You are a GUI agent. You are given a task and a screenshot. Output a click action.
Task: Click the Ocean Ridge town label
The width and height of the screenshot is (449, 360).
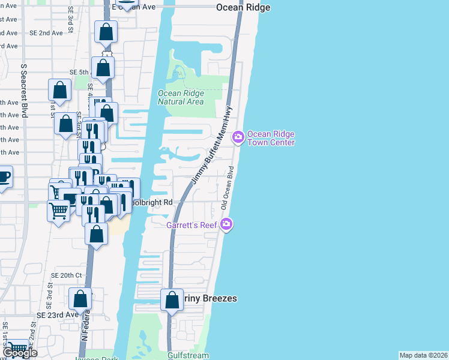click(x=243, y=7)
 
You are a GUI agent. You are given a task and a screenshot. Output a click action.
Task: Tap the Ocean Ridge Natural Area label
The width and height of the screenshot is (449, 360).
click(x=181, y=97)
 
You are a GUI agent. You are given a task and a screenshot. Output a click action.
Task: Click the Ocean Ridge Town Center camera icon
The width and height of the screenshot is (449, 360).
click(x=238, y=137)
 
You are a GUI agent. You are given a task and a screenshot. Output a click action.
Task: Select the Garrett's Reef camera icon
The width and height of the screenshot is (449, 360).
click(x=226, y=224)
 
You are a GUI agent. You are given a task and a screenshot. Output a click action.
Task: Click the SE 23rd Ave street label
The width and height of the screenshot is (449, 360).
click(x=57, y=314)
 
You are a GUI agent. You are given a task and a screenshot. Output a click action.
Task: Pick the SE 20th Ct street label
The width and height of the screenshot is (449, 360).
click(x=66, y=275)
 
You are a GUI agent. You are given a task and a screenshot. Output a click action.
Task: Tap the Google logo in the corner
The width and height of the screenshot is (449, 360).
click(x=19, y=353)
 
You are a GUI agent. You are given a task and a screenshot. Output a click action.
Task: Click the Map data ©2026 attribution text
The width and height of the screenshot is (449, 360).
click(x=423, y=355)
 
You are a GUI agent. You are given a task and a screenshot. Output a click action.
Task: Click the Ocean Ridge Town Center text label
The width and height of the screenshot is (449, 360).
click(x=271, y=138)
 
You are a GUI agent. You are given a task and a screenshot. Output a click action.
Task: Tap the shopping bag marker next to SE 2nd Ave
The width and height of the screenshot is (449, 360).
click(x=106, y=32)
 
